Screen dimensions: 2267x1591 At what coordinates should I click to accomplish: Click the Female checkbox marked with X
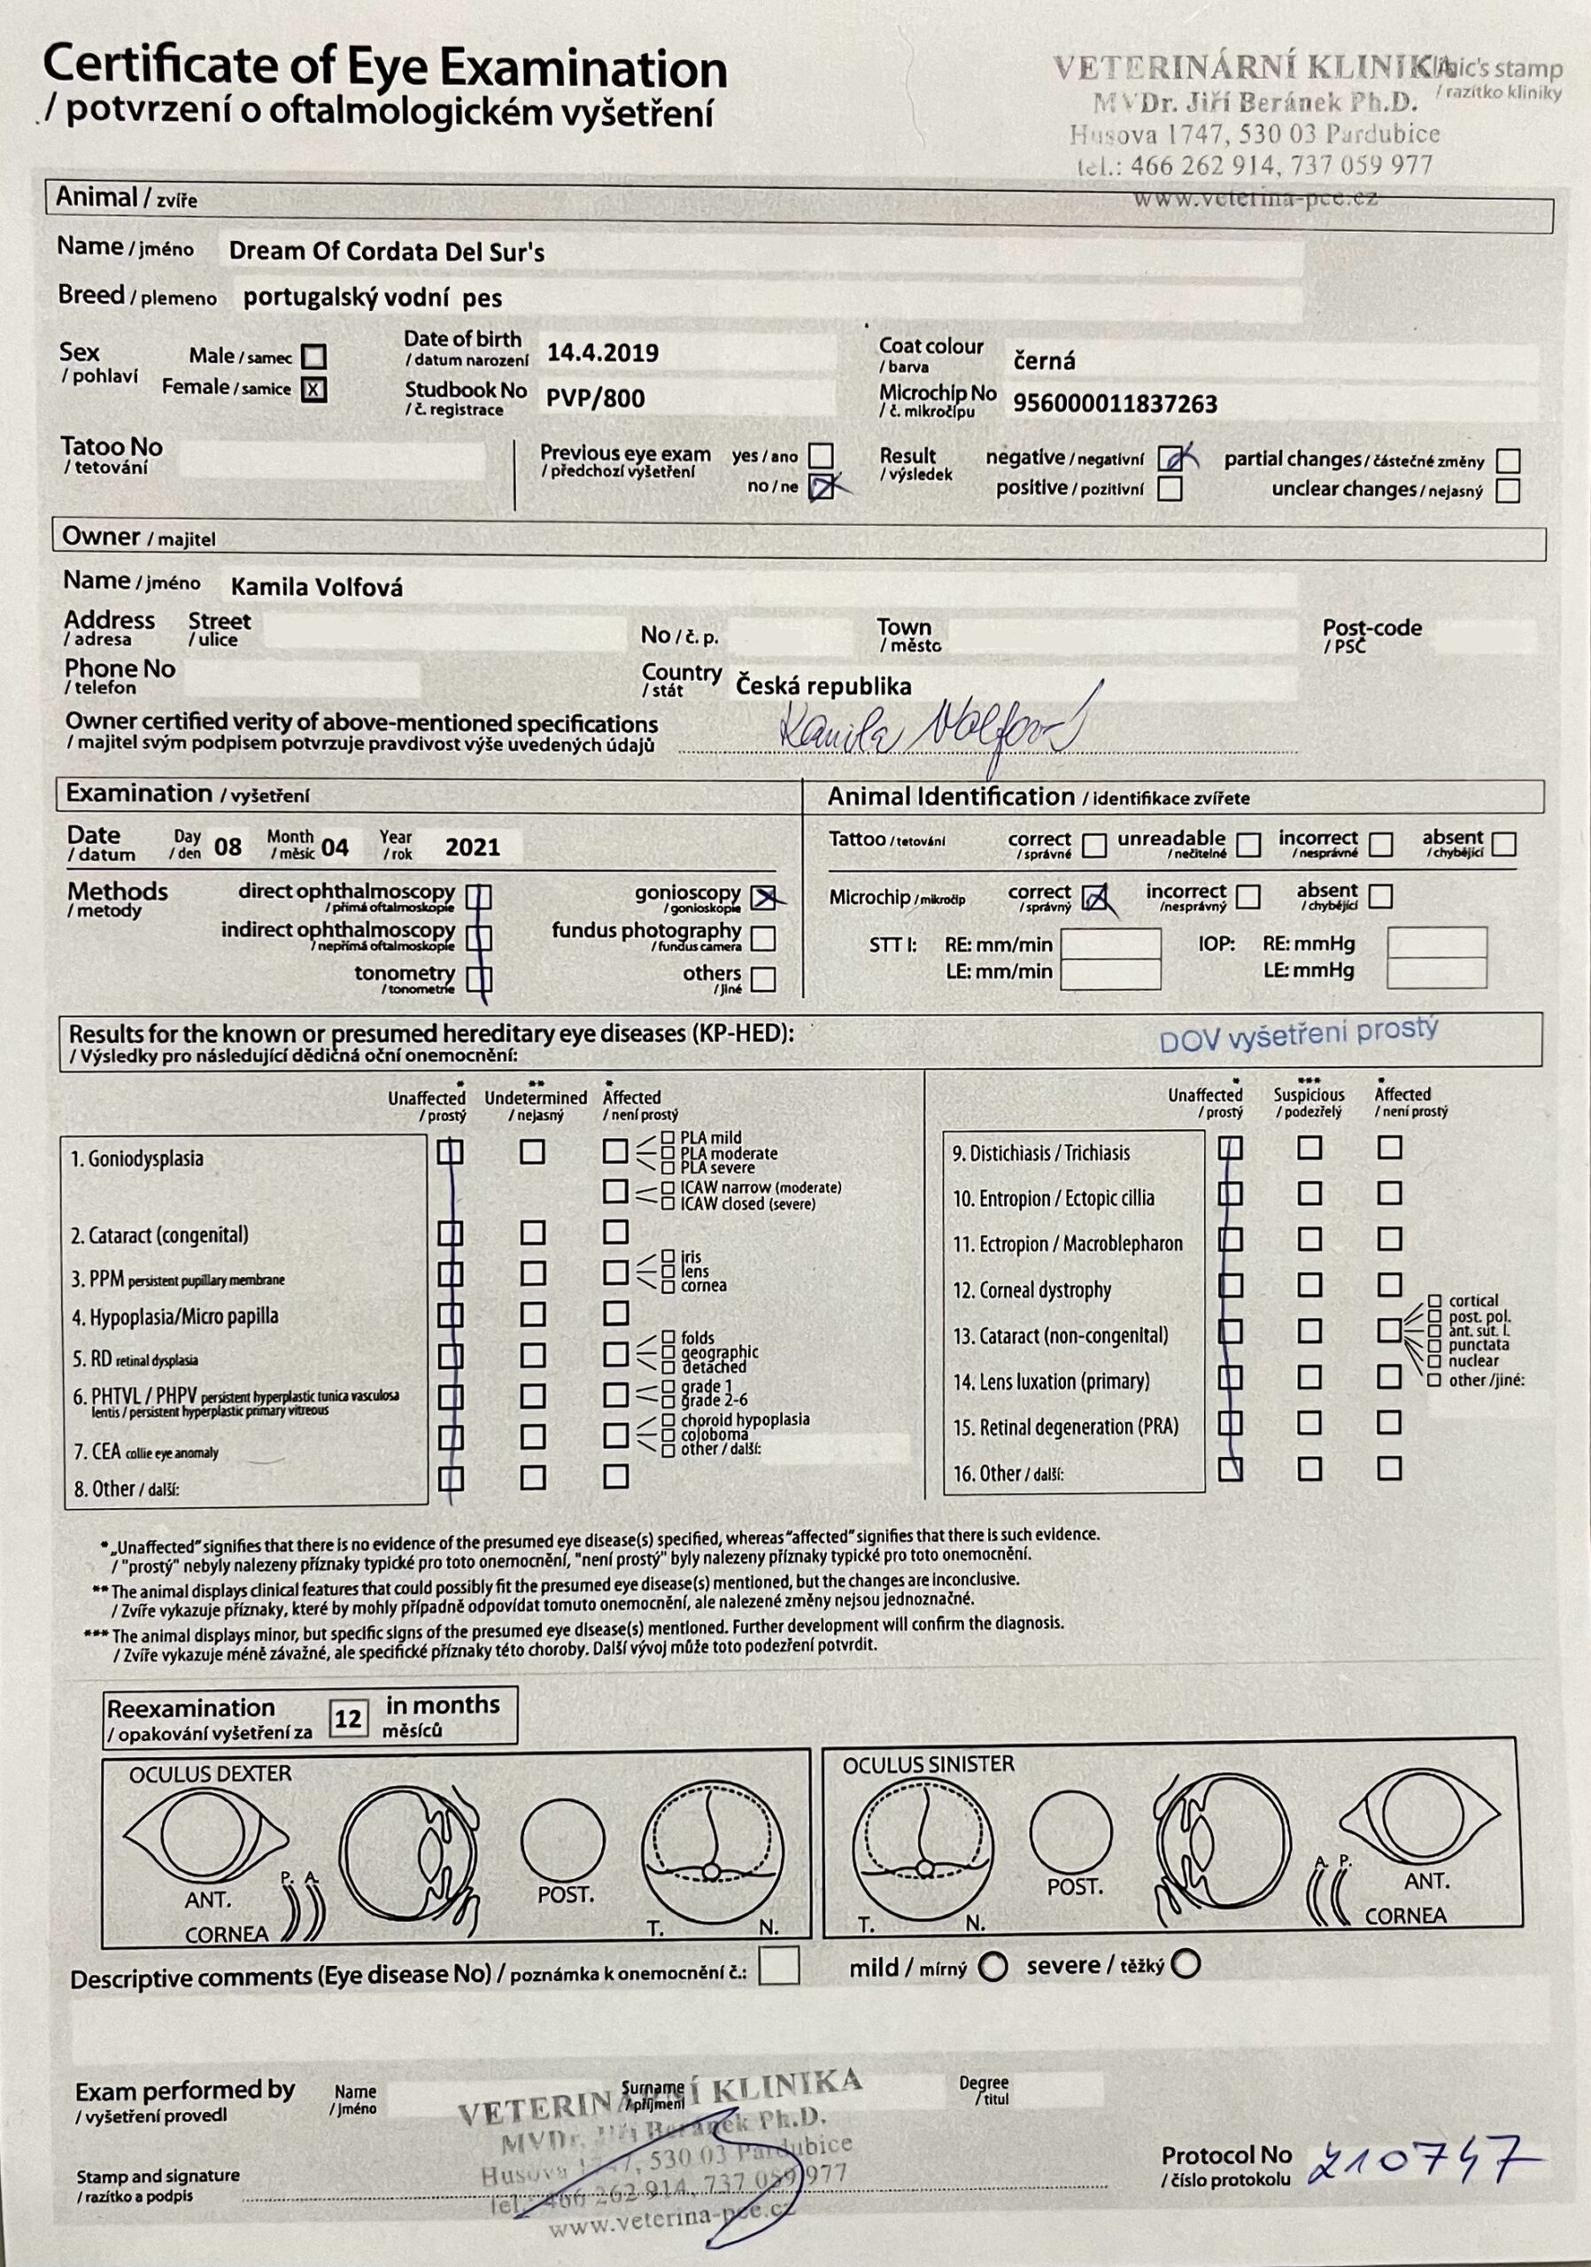313,389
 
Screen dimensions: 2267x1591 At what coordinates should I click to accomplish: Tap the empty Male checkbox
313,355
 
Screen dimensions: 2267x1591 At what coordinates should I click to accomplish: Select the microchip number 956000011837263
1115,403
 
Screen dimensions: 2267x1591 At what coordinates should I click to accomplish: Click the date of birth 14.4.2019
602,353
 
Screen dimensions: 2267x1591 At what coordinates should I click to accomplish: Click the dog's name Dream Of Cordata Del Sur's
386,251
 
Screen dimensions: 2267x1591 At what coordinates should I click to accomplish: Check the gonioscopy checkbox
763,896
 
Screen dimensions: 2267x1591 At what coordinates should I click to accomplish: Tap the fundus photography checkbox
763,937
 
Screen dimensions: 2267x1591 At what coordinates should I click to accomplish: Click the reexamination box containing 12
347,1719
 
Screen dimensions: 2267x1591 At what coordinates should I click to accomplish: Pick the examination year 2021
472,847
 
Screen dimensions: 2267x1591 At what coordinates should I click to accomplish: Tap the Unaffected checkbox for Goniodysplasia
451,1151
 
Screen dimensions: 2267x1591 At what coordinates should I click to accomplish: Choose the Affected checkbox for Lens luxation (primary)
1388,1376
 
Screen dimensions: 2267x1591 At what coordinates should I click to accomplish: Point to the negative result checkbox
1171,458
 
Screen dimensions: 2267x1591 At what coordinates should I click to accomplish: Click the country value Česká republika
823,686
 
